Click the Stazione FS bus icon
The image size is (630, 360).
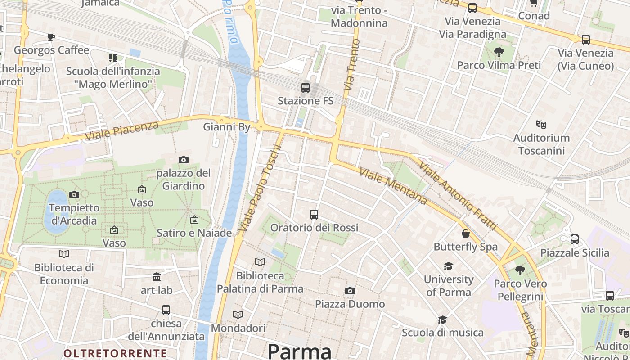point(306,87)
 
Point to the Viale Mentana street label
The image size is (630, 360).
point(393,186)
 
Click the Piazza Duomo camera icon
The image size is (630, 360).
point(350,291)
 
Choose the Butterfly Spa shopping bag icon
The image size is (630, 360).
point(466,234)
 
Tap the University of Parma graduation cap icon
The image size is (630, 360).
point(448,266)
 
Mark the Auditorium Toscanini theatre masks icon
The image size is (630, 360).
point(541,124)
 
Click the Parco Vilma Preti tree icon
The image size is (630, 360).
point(499,52)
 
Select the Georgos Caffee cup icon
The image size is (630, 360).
point(51,36)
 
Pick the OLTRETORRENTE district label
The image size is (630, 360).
point(115,353)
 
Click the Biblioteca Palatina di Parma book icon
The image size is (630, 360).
point(260,262)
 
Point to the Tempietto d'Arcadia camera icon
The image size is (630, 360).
point(74,194)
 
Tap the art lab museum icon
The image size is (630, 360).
point(157,277)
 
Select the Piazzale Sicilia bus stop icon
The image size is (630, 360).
point(575,239)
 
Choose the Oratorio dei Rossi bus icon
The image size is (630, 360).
point(314,215)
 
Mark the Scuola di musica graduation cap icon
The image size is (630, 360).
point(443,319)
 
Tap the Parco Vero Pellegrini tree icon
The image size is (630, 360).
point(520,270)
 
